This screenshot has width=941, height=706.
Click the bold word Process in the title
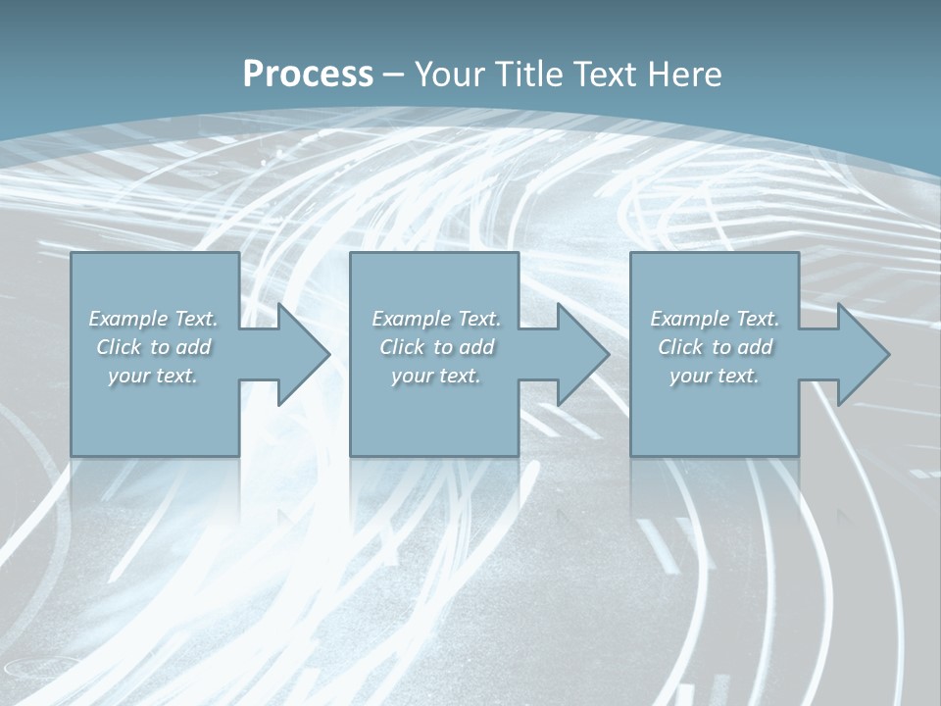pos(308,75)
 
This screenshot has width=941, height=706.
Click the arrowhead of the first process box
pos(300,354)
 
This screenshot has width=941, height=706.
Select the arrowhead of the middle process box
pos(579,354)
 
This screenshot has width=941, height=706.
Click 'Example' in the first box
pos(127,319)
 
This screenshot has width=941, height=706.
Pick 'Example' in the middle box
pos(411,319)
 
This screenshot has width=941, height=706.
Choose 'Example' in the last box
pos(689,319)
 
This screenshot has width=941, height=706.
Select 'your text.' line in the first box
pos(153,376)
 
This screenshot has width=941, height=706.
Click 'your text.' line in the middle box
pos(436,376)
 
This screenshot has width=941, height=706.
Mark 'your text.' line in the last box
pos(715,376)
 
